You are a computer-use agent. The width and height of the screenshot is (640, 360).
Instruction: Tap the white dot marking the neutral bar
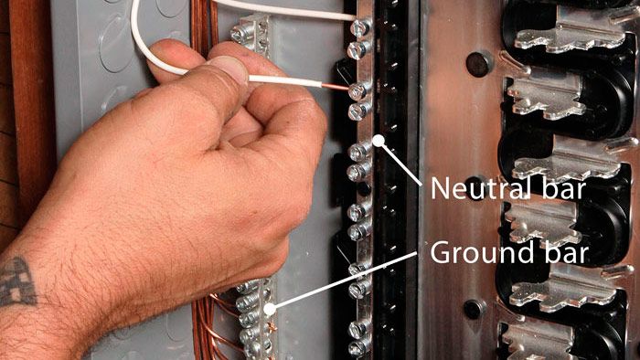[x=379, y=141]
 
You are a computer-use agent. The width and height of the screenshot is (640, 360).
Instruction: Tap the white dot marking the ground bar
[x=270, y=309]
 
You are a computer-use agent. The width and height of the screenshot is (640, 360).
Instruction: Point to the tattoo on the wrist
[x=16, y=281]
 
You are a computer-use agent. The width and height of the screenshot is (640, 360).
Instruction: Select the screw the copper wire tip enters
[x=358, y=90]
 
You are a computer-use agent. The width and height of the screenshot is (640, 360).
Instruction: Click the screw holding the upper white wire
[x=360, y=27]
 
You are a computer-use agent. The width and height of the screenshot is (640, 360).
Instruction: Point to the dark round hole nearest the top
[x=479, y=64]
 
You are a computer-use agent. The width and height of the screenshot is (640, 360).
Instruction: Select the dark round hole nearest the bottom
[x=475, y=309]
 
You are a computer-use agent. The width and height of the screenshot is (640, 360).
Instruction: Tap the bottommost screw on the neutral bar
[x=358, y=348]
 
